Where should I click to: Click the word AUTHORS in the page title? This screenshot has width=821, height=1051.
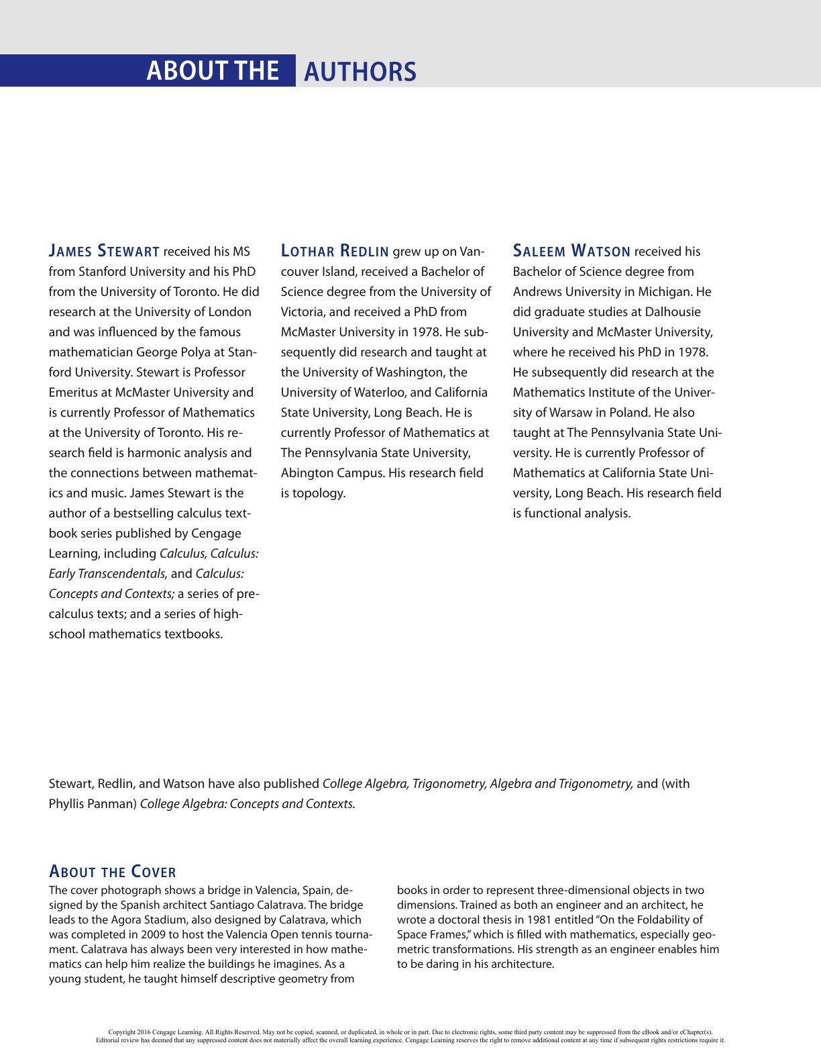[360, 72]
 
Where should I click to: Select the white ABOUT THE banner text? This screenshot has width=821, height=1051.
[213, 70]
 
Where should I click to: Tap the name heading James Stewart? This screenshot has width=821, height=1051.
[104, 252]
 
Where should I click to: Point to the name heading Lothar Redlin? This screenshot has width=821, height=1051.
[335, 252]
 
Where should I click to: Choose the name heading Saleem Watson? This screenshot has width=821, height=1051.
[571, 252]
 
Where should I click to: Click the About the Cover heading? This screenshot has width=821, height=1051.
[113, 872]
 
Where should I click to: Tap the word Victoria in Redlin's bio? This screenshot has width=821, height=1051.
[303, 312]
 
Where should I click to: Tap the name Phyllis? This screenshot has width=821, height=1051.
[68, 804]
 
